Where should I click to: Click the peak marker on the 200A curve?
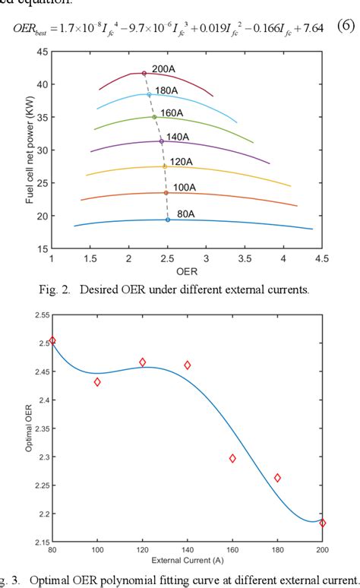144,73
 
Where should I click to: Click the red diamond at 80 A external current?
52,340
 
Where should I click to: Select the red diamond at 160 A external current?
232,458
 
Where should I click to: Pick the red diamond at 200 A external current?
323,523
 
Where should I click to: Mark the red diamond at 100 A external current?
97,382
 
